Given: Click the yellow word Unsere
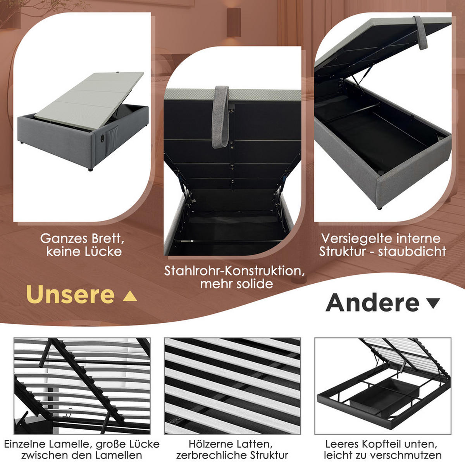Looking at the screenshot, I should click(70, 295).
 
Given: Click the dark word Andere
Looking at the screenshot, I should click(373, 303).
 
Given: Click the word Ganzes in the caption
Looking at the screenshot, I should click(64, 238).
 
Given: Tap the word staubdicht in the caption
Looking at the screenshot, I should click(412, 251).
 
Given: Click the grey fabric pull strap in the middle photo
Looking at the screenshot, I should click(221, 116).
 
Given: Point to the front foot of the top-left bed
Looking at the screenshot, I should click(90, 169).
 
